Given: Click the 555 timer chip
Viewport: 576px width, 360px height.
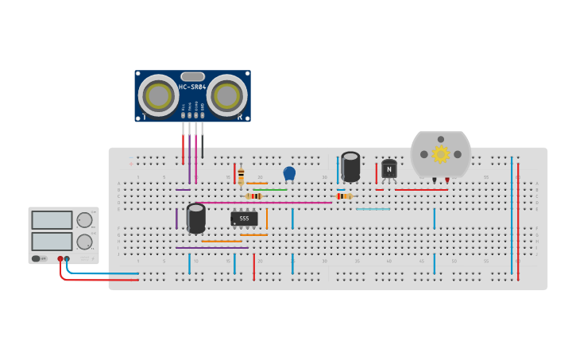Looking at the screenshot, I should (244, 219).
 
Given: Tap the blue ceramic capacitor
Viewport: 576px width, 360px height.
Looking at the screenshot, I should (289, 173).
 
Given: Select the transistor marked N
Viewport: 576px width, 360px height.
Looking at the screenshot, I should (389, 168).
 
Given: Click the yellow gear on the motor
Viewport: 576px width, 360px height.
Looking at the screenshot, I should (440, 154).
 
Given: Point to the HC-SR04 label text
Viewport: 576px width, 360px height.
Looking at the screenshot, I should (192, 87).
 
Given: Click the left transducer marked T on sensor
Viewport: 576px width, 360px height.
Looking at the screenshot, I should (158, 96).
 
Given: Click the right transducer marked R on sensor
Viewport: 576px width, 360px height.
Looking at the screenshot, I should (226, 96).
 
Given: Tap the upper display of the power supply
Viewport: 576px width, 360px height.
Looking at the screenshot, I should (52, 220).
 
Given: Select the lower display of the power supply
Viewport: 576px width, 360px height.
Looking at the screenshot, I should (52, 241).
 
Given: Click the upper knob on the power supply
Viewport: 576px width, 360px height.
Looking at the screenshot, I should (83, 220).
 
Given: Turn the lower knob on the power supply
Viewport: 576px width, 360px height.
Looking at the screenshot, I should (83, 241).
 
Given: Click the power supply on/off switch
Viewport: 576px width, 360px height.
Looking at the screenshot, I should (37, 258).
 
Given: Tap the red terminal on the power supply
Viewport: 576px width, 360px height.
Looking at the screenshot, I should (60, 258).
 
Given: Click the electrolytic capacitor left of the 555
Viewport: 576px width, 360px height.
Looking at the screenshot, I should (196, 218).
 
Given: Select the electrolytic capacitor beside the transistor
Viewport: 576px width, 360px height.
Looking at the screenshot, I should (350, 166).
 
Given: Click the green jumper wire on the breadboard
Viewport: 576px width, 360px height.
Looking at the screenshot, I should (269, 190).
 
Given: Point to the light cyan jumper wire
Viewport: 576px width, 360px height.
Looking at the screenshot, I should (373, 209).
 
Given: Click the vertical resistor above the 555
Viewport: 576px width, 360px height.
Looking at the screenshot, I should (241, 176).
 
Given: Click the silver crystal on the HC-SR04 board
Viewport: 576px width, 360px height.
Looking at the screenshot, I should (192, 76).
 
